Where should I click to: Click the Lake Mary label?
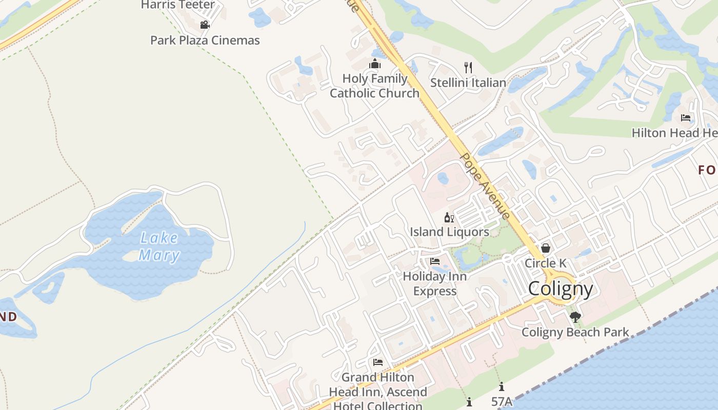159,247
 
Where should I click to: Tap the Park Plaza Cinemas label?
205,40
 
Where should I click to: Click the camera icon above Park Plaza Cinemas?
205,25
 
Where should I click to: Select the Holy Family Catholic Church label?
375,86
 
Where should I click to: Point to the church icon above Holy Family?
375,64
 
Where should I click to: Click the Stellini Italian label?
468,83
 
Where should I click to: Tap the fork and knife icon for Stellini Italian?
468,67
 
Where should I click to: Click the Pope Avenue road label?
485,186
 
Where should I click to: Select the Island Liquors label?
449,232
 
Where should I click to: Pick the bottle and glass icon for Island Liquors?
449,218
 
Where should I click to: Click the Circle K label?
546,263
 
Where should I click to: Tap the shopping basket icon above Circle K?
546,249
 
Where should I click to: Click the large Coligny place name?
561,289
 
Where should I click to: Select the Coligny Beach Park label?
575,332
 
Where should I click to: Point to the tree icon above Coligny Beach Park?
575,317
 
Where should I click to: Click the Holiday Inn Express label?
435,283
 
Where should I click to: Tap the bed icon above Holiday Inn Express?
435,261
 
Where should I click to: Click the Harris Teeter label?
177,5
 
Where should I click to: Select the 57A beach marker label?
502,401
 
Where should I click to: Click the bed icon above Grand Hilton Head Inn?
378,362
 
